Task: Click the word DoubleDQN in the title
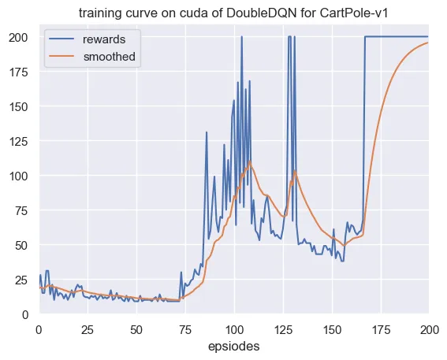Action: click(x=262, y=13)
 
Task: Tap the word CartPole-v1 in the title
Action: click(x=354, y=13)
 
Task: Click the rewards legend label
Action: click(x=104, y=39)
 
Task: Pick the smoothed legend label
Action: click(x=110, y=57)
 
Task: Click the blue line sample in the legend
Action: click(x=61, y=39)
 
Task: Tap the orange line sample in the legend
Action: click(x=61, y=57)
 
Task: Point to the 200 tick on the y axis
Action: click(x=18, y=38)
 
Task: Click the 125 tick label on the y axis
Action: click(x=19, y=141)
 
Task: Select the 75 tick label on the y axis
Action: click(x=22, y=211)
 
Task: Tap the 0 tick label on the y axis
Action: click(x=25, y=315)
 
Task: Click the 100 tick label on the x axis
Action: click(x=234, y=330)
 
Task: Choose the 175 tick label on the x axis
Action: click(x=381, y=330)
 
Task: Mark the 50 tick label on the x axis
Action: click(x=136, y=330)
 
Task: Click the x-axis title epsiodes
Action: click(x=234, y=347)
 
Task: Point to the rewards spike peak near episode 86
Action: click(x=207, y=132)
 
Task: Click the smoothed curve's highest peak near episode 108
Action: click(x=250, y=161)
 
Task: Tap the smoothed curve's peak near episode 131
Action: click(x=295, y=171)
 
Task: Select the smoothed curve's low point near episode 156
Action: click(x=344, y=245)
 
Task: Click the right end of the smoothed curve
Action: click(x=428, y=43)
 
